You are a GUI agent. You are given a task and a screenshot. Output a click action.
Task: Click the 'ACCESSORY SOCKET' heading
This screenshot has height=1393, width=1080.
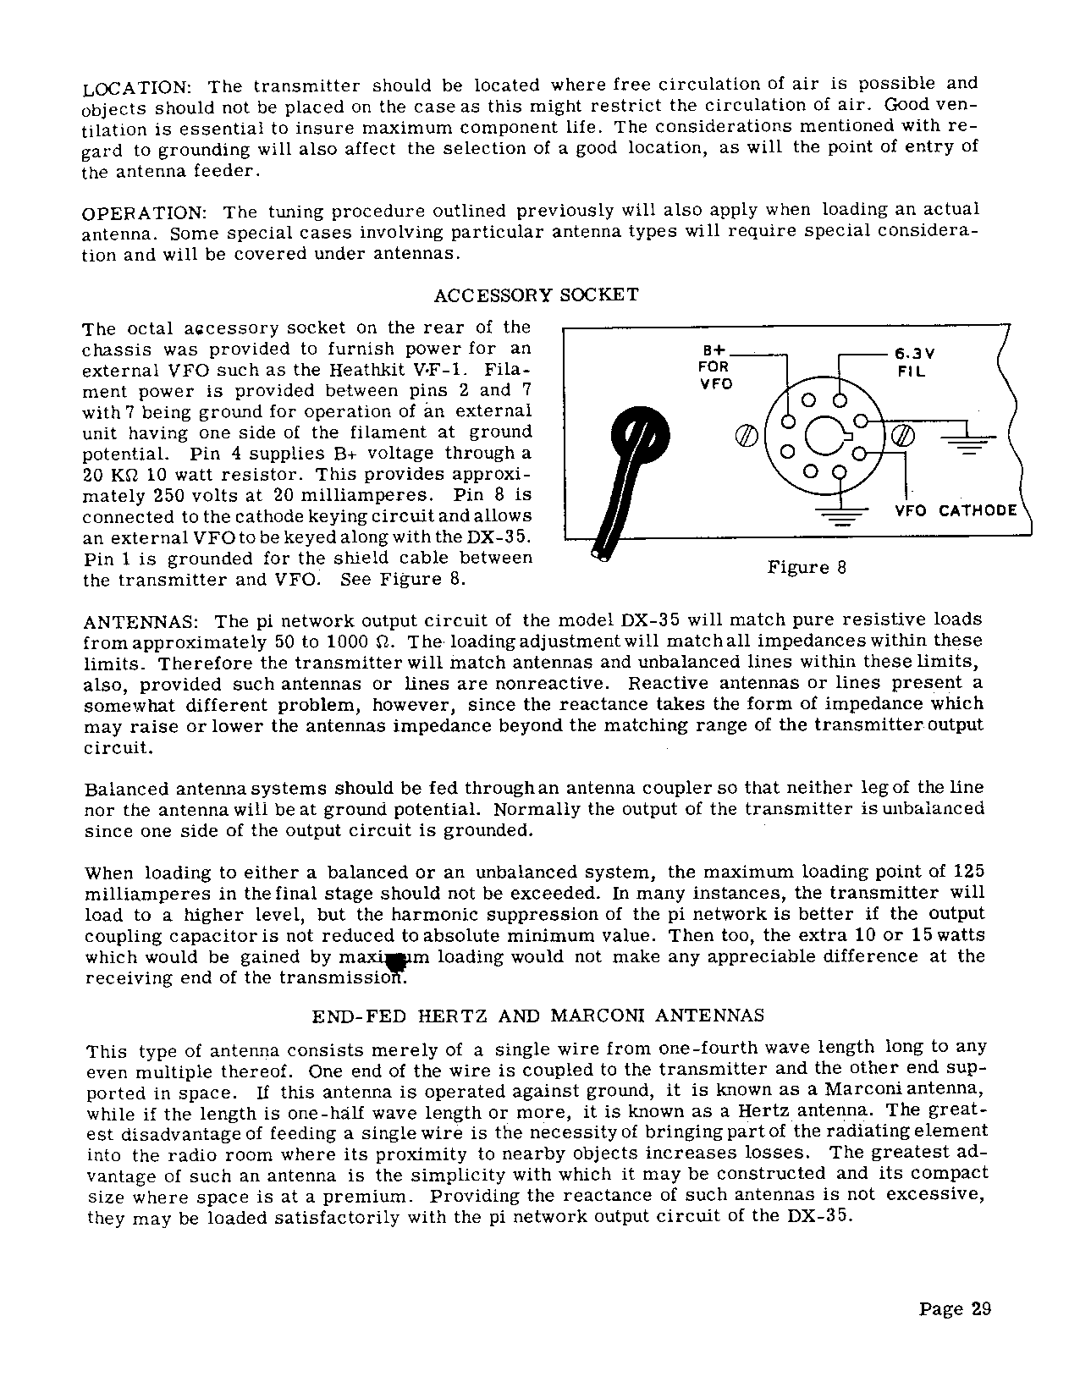pos(536,295)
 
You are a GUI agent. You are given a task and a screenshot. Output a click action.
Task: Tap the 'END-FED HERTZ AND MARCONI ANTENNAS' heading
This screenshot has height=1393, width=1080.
pos(538,1016)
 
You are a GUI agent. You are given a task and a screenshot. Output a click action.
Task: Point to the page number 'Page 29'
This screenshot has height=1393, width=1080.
pos(955,1309)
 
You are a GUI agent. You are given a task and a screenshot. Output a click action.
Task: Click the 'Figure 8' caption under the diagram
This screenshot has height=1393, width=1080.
pos(806,568)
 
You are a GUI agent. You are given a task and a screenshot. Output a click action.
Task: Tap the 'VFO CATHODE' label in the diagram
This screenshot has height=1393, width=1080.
pos(956,510)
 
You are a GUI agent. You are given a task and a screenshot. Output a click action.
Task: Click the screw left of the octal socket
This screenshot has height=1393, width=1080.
pos(745,436)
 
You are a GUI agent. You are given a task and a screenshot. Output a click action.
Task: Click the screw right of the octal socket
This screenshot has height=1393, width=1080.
pos(904,436)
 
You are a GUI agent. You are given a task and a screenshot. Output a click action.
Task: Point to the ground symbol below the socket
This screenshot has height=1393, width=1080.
pos(840,515)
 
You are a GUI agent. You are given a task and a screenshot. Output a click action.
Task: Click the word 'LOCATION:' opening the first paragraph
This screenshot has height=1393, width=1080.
pos(139,88)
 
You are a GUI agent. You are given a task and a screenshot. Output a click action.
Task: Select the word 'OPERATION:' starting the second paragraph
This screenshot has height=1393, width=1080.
pos(145,212)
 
